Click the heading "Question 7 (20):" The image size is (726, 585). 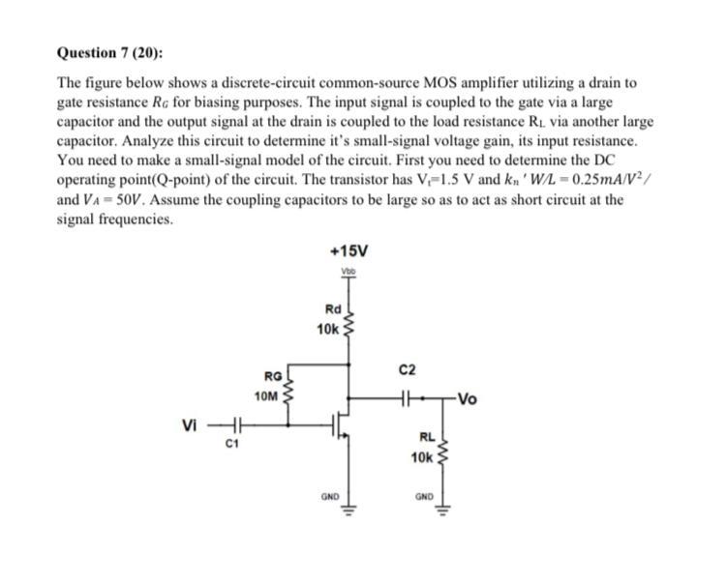coord(107,53)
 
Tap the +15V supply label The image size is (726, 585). coord(348,250)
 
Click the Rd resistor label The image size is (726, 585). coord(331,310)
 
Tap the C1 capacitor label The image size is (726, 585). coord(230,445)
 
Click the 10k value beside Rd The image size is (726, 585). coord(327,330)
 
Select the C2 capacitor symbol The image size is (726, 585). coord(408,395)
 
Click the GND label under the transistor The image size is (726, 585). coord(329,497)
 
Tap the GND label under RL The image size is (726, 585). coord(424,497)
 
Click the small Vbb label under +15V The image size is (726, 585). coord(348,272)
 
